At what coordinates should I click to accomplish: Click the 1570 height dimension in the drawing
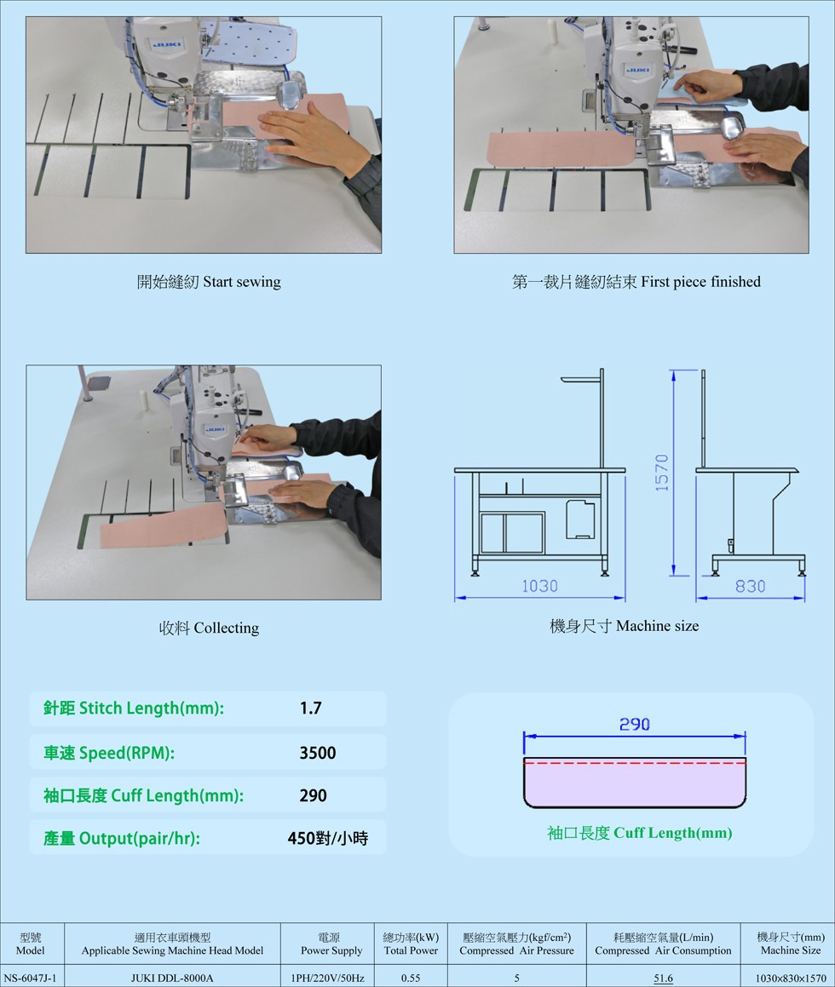(661, 473)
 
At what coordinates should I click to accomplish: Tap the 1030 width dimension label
(539, 586)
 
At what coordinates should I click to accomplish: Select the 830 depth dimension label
(750, 586)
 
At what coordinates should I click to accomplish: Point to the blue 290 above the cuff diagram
(634, 724)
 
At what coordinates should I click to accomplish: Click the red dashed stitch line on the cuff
(635, 763)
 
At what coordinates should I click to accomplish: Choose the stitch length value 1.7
(310, 709)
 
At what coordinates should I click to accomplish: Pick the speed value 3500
(317, 753)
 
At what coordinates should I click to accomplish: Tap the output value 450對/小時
(327, 838)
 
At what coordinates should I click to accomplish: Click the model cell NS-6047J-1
(30, 978)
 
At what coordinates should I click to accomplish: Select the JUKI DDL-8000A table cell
(172, 978)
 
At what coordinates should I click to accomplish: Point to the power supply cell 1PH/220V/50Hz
(327, 978)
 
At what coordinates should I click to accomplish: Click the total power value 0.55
(411, 978)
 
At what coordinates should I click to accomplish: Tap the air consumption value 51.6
(663, 978)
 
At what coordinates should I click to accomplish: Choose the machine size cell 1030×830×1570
(791, 978)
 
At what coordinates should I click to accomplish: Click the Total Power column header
(411, 944)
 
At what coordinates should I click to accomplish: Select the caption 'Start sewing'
(242, 281)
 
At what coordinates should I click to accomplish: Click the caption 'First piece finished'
(701, 281)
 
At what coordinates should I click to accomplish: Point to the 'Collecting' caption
(226, 628)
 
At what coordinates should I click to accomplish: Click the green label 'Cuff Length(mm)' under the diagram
(672, 833)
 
